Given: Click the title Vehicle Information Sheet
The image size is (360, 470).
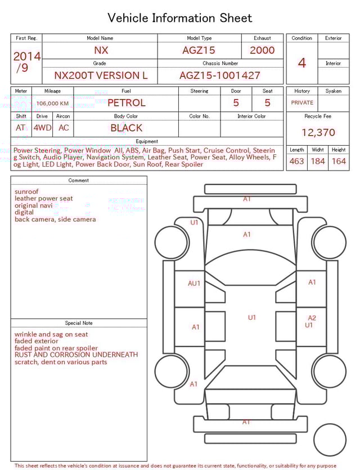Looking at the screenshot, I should pyautogui.click(x=179, y=18).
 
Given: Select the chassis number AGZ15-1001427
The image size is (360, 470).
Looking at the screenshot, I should pyautogui.click(x=220, y=75).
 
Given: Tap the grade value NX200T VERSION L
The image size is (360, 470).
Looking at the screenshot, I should pyautogui.click(x=101, y=75).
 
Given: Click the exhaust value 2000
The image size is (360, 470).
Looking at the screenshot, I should pyautogui.click(x=262, y=50).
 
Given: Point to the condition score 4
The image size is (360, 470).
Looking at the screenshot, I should pyautogui.click(x=302, y=62).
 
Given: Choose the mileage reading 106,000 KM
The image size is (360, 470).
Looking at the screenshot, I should pyautogui.click(x=53, y=104).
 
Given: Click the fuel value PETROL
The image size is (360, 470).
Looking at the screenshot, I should pyautogui.click(x=126, y=103).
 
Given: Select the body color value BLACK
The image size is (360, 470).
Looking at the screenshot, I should pyautogui.click(x=126, y=128).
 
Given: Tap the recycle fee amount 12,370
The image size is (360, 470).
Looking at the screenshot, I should pyautogui.click(x=318, y=133).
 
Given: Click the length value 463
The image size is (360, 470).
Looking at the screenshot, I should pyautogui.click(x=296, y=162).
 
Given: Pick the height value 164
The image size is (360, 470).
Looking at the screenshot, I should pyautogui.click(x=339, y=162).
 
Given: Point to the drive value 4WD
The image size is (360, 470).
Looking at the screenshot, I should pyautogui.click(x=42, y=128).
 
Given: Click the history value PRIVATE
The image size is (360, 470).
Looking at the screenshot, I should pyautogui.click(x=302, y=103).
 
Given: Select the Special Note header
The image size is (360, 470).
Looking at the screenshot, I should pyautogui.click(x=79, y=323).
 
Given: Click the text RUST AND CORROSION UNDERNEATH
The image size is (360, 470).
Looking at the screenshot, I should pyautogui.click(x=76, y=355).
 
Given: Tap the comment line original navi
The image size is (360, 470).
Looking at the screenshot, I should pyautogui.click(x=33, y=205).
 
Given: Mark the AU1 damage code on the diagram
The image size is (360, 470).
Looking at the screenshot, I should pyautogui.click(x=193, y=284).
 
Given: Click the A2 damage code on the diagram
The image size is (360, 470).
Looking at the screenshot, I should pyautogui.click(x=312, y=318).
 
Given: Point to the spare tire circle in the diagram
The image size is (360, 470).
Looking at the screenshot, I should pyautogui.click(x=330, y=439).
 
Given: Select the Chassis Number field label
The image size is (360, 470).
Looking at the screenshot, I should pyautogui.click(x=220, y=64).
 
